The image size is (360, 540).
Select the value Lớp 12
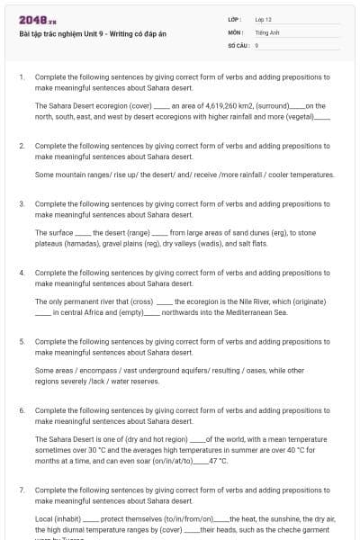click(264, 19)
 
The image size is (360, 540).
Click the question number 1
click(21, 77)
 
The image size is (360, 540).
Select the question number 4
click(21, 272)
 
